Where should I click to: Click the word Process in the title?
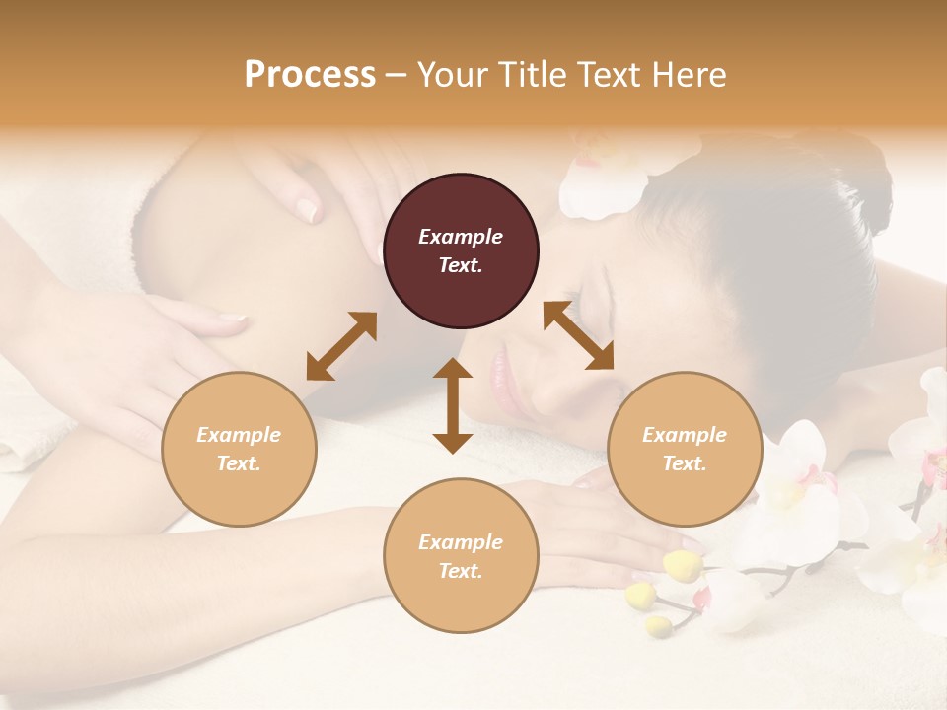(x=310, y=75)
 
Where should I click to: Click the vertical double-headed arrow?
(x=453, y=405)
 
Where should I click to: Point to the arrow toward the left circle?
(x=341, y=346)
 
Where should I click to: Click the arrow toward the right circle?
(x=579, y=336)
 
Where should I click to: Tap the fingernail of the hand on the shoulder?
(x=309, y=209)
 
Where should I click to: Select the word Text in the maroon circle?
(x=461, y=265)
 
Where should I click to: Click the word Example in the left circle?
(x=239, y=435)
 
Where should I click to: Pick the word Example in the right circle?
(x=685, y=435)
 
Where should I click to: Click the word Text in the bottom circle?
(x=461, y=571)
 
